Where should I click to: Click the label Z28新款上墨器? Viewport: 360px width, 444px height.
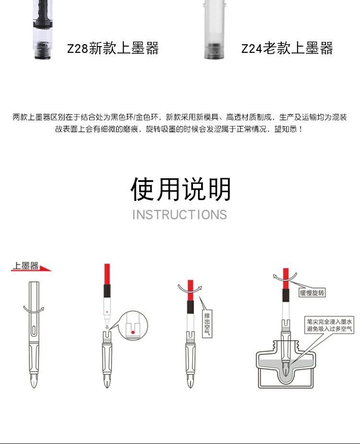[x=113, y=49]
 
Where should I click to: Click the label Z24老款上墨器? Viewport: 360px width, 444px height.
[x=287, y=49]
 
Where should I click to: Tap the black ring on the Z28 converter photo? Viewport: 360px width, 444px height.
[x=42, y=48]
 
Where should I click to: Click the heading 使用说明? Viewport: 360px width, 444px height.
[x=180, y=189]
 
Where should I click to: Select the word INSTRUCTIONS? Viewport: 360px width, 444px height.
[x=180, y=215]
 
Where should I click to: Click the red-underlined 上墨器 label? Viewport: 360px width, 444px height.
[x=25, y=266]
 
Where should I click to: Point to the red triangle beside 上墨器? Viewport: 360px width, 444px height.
[x=46, y=268]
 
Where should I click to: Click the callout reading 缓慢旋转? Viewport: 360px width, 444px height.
[x=312, y=292]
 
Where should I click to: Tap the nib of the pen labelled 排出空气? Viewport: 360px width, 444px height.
[x=190, y=382]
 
